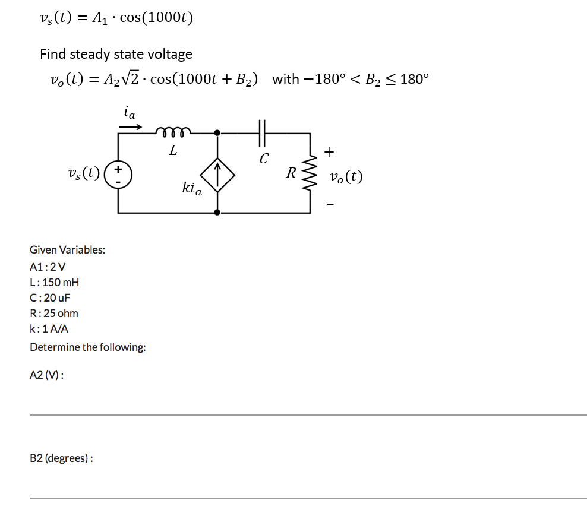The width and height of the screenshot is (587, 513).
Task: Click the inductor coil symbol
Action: pyautogui.click(x=172, y=131)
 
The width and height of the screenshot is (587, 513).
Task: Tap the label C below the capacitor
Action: pyautogui.click(x=264, y=159)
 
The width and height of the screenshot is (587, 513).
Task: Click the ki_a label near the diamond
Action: pyautogui.click(x=191, y=189)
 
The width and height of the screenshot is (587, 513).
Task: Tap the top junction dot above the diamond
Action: pyautogui.click(x=217, y=133)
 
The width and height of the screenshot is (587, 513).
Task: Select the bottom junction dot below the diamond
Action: pyautogui.click(x=217, y=212)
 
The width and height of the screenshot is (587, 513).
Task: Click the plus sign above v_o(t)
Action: pyautogui.click(x=330, y=153)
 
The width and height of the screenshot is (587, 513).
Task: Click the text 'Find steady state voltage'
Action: pyautogui.click(x=116, y=55)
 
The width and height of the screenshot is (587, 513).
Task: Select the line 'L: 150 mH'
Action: pyautogui.click(x=55, y=282)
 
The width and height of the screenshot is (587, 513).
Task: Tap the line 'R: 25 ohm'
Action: pyautogui.click(x=54, y=313)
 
